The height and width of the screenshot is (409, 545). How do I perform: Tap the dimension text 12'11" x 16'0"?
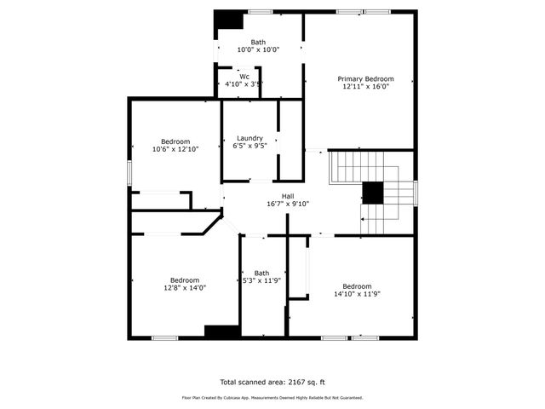[365, 86]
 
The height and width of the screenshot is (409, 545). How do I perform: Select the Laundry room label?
[250, 138]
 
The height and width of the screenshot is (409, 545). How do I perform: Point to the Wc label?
[244, 77]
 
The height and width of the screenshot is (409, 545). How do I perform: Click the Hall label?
[277, 196]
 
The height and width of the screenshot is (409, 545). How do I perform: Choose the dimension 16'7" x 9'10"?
[277, 204]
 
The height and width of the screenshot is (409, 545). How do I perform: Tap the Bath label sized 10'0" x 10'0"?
[258, 43]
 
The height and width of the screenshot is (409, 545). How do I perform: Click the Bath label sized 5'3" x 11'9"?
[261, 274]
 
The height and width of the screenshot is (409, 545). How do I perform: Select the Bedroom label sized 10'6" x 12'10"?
[175, 141]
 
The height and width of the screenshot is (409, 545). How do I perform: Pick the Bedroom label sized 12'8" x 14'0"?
[185, 280]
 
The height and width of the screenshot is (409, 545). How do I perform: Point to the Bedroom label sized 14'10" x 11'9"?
[357, 286]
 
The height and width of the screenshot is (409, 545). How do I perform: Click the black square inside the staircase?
[373, 193]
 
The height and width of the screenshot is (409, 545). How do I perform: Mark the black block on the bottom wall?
[221, 332]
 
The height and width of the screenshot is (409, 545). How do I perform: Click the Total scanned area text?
[272, 383]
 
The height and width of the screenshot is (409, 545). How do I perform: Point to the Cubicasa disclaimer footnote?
[272, 397]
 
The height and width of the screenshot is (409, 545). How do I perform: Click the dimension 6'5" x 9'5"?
[250, 146]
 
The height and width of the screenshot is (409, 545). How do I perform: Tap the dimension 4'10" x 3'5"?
[244, 84]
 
